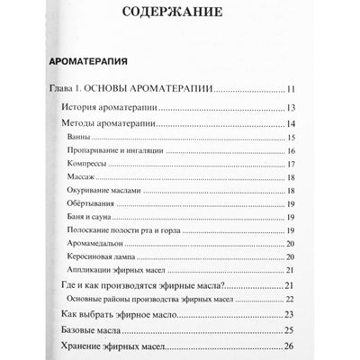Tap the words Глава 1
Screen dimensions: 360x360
coord(67,89)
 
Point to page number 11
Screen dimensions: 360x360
coord(291,89)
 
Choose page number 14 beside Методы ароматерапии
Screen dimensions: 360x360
coord(291,123)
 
